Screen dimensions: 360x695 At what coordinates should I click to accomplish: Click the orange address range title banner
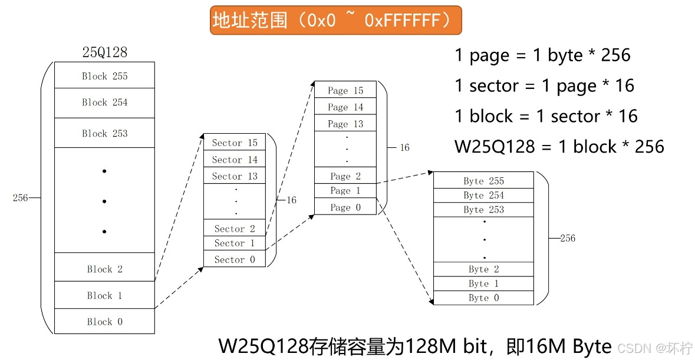pos(335,21)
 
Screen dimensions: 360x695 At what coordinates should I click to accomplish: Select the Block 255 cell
pos(104,76)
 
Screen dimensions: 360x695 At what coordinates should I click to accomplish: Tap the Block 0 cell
pos(104,322)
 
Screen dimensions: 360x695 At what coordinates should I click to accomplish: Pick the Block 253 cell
pos(104,133)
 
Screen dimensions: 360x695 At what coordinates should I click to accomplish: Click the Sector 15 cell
pos(235,143)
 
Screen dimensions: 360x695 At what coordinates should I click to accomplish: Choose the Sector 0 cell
pos(235,259)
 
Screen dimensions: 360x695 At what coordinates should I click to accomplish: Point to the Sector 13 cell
pos(235,176)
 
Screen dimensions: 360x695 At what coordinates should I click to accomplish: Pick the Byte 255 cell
pos(483,181)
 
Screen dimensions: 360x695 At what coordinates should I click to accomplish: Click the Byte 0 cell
pos(483,298)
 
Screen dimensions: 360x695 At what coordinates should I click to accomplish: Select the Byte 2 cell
pos(483,269)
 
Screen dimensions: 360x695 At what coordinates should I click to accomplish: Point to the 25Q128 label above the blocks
pos(104,52)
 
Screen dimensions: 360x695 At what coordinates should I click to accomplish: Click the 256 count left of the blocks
pos(21,198)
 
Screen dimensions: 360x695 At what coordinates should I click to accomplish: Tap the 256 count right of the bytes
pos(567,238)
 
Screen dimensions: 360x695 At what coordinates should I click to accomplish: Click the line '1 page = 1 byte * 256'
pos(542,55)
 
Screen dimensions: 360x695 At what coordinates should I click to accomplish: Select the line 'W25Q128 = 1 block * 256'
pos(559,146)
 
